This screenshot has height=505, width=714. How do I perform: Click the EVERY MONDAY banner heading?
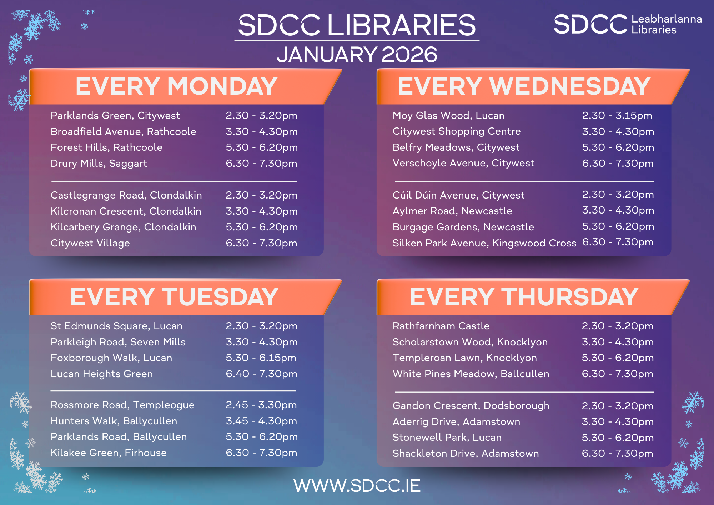click(x=176, y=86)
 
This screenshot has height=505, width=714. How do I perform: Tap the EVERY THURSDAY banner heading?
click(x=524, y=297)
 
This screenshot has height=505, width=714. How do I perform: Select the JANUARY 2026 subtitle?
click(x=357, y=55)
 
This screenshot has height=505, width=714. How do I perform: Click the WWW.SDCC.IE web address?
click(x=357, y=486)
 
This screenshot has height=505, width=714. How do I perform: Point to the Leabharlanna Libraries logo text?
click(x=667, y=24)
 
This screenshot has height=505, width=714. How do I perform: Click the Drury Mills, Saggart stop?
click(x=99, y=164)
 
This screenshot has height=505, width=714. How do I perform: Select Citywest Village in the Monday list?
click(x=90, y=243)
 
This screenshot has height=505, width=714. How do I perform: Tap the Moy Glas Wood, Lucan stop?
click(x=448, y=116)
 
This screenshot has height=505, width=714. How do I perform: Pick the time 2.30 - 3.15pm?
click(x=617, y=116)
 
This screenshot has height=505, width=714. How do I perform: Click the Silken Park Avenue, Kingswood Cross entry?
click(x=484, y=243)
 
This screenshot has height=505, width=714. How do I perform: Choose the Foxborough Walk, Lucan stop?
click(x=111, y=358)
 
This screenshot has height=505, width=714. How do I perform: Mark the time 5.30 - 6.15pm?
click(x=261, y=358)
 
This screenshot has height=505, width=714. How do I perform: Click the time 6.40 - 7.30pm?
click(x=261, y=374)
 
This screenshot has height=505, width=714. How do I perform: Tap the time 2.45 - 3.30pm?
click(x=261, y=405)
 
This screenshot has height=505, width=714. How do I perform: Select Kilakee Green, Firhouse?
click(x=109, y=453)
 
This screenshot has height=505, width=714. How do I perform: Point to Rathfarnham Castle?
click(x=441, y=326)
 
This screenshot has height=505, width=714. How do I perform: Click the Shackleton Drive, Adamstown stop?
click(x=466, y=454)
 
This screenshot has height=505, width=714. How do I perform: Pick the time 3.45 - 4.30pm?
click(x=261, y=421)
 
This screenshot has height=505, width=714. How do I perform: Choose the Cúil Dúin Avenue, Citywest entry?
click(x=458, y=195)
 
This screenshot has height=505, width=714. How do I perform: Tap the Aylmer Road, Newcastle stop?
click(x=452, y=211)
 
